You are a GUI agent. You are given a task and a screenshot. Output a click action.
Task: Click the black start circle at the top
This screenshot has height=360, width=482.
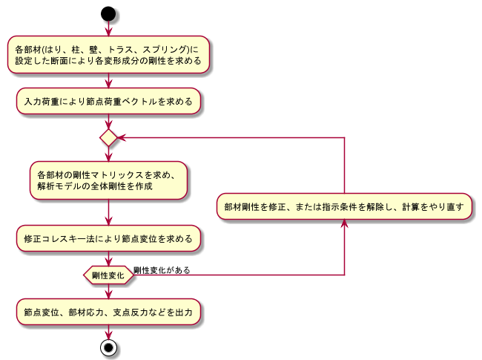click(x=109, y=13)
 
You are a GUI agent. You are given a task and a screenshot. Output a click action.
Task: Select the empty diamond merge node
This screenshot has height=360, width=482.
click(x=109, y=137)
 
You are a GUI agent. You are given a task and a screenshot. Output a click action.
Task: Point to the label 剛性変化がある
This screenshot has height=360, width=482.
click(x=162, y=270)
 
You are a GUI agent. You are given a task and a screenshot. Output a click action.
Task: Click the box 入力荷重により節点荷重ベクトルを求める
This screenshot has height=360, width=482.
click(x=109, y=101)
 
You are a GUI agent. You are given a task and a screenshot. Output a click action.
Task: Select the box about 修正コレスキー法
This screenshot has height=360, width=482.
click(x=109, y=239)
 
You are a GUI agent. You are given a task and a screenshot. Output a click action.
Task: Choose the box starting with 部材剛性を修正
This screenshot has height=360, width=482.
click(x=345, y=207)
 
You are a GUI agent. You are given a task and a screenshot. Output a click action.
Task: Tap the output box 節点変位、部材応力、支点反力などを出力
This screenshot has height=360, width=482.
click(x=109, y=312)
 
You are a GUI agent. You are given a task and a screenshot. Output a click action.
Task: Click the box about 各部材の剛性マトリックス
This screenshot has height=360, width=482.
click(x=109, y=181)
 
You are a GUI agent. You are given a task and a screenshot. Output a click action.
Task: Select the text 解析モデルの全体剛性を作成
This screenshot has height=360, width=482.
click(x=95, y=187)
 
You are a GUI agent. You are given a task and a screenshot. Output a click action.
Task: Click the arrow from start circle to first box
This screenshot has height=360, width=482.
click(x=109, y=28)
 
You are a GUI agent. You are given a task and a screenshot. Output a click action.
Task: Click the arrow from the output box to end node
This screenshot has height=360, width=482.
click(x=109, y=332)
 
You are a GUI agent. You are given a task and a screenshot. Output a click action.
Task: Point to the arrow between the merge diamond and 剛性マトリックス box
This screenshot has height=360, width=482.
click(x=109, y=154)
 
